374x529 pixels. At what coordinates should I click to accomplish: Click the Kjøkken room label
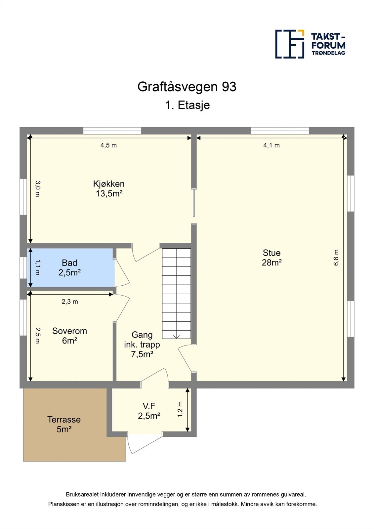(109, 188)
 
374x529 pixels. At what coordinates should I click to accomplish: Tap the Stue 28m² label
(271, 258)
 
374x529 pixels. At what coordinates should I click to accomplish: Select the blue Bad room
(70, 268)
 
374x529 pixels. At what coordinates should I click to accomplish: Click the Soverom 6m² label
(69, 336)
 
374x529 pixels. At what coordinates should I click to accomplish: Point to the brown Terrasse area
(64, 425)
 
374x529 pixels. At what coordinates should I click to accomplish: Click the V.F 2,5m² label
(149, 411)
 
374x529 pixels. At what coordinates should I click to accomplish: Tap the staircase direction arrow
(177, 336)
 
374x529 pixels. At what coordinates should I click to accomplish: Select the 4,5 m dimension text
(108, 145)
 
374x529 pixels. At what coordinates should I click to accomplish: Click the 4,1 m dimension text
(271, 145)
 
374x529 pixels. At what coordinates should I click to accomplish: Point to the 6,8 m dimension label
(336, 258)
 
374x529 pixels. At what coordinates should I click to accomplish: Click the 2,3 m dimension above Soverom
(70, 302)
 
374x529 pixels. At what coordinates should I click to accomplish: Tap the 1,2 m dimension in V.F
(180, 409)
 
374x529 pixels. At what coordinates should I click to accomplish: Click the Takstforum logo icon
(290, 44)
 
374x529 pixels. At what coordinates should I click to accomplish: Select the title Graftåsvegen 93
(187, 87)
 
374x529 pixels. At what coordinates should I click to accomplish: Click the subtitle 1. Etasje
(187, 105)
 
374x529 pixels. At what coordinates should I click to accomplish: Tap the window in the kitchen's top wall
(112, 131)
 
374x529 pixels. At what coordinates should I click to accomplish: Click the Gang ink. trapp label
(142, 344)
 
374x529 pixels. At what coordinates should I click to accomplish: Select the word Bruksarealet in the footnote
(82, 495)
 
